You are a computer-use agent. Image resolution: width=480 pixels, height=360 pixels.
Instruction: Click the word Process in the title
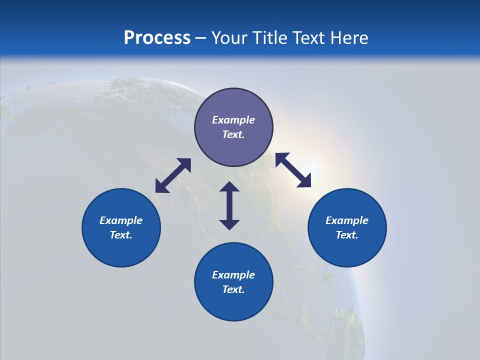tap(157, 38)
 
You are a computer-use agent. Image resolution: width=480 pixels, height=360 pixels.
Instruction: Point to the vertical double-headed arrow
tap(229, 205)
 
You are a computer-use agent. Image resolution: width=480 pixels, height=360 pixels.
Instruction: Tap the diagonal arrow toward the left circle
tap(173, 175)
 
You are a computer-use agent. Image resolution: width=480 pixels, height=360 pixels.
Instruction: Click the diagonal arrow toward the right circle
tap(293, 170)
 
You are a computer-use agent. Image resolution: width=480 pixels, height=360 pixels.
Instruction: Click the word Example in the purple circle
tap(233, 120)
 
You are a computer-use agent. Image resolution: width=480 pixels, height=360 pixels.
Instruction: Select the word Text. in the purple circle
tap(233, 134)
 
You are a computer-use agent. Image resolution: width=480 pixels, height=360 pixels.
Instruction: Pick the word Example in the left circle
tap(121, 220)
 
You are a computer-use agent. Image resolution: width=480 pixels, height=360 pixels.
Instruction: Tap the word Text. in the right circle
tap(347, 235)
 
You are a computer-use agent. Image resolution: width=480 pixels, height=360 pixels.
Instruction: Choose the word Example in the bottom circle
tap(233, 275)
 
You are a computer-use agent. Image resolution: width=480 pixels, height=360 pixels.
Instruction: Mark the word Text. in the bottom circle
tap(233, 289)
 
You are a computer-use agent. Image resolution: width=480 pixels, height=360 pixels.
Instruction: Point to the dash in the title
tap(200, 38)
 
